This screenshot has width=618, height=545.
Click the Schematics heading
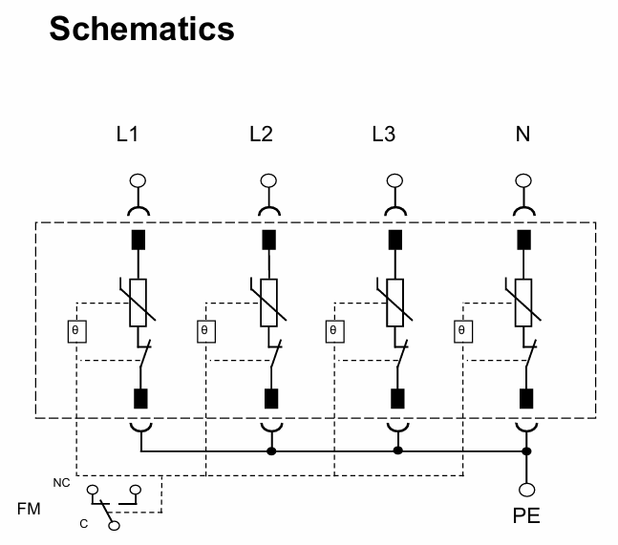pyautogui.click(x=141, y=28)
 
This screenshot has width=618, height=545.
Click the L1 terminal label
pyautogui.click(x=127, y=135)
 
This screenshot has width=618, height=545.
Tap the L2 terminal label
pyautogui.click(x=260, y=135)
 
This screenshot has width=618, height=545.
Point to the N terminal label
pyautogui.click(x=522, y=135)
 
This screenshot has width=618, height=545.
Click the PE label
pyautogui.click(x=525, y=516)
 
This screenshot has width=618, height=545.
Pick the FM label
pyautogui.click(x=30, y=510)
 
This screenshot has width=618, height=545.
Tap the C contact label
pyautogui.click(x=83, y=523)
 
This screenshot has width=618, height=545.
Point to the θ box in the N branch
pyautogui.click(x=461, y=331)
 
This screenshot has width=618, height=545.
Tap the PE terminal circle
pyautogui.click(x=525, y=491)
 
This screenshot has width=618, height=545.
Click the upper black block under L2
pyautogui.click(x=268, y=239)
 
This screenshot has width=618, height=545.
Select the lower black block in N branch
pyautogui.click(x=524, y=398)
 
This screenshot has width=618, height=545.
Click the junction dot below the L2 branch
pyautogui.click(x=271, y=451)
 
